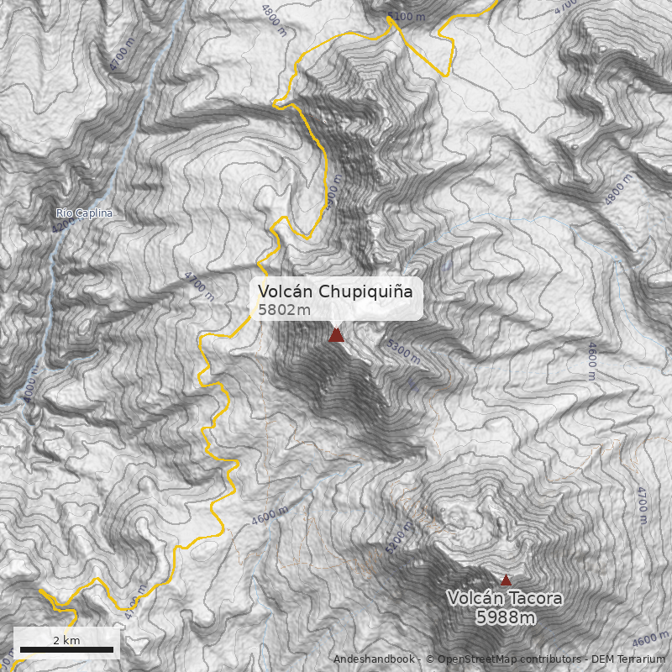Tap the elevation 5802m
point(284,310)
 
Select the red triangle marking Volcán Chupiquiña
point(337,335)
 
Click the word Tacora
point(533,599)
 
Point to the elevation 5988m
point(506,618)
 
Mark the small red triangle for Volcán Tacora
point(506,580)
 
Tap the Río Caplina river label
point(84,213)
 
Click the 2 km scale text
point(66,640)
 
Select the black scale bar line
point(66,649)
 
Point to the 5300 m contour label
point(404,350)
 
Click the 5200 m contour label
point(400,537)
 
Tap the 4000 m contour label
point(32,387)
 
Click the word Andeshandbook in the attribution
point(374,659)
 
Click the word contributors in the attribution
point(549,659)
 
